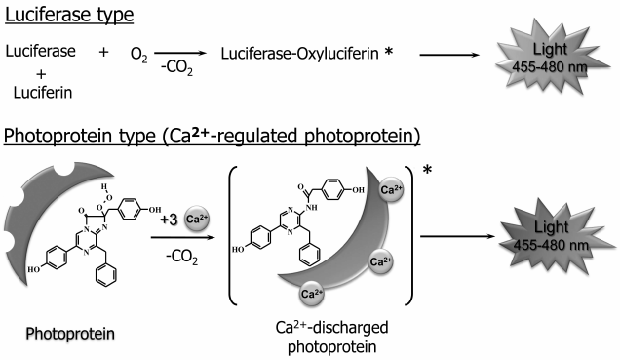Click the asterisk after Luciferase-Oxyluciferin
coord(388,48)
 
